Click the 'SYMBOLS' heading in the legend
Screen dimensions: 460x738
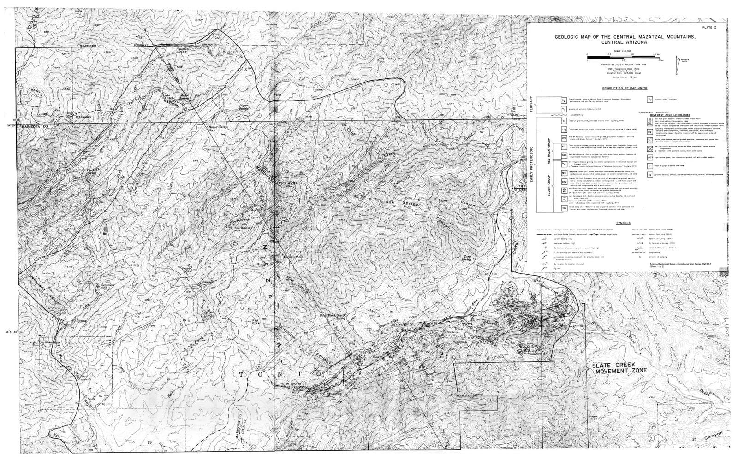(x=625, y=223)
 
